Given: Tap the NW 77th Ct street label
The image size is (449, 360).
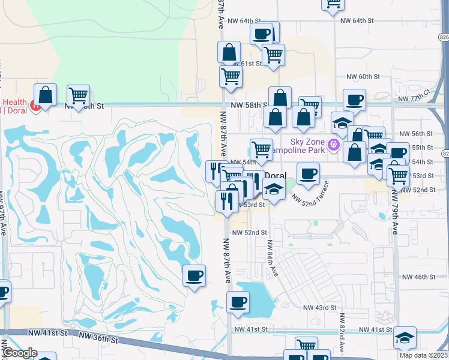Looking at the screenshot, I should click(x=418, y=96).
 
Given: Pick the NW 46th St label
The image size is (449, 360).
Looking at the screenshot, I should click(x=419, y=277).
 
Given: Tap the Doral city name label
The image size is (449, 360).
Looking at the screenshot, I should click(x=276, y=175).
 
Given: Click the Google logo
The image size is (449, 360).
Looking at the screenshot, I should click(x=19, y=353).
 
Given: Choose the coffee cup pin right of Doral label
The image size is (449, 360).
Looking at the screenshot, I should click(x=309, y=173).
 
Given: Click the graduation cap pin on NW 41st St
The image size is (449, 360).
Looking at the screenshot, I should click(x=405, y=337).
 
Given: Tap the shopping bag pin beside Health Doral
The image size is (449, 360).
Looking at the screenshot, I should click(x=45, y=95).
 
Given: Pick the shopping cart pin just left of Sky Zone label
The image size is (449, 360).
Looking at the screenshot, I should click(x=261, y=148).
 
